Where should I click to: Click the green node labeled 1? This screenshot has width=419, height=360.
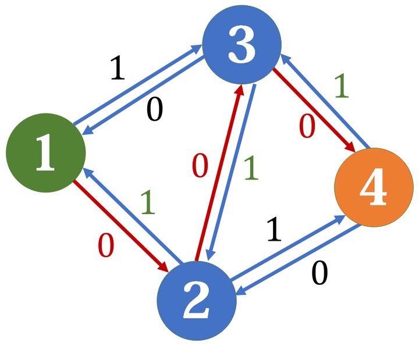point(45,154)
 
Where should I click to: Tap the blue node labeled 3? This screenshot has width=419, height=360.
point(242,45)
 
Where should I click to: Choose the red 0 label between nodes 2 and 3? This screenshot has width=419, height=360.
point(200,167)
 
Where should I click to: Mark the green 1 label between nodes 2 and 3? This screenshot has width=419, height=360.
point(250,167)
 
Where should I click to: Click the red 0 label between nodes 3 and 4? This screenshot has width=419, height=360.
point(307,127)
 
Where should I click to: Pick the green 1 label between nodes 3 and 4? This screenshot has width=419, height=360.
point(342,86)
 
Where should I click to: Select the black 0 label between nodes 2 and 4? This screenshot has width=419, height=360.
point(319,274)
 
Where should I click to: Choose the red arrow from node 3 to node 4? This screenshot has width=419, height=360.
point(313,109)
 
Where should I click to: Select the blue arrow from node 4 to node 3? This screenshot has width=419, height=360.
point(325,99)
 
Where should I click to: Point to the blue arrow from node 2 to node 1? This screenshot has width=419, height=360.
point(130,215)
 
